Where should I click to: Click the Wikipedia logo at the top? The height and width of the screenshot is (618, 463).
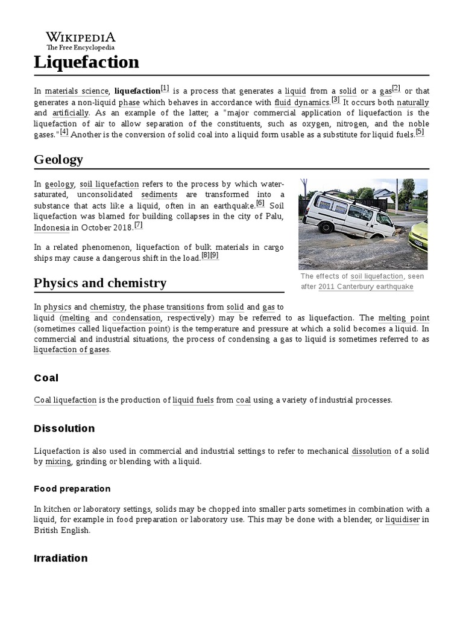tap(81, 40)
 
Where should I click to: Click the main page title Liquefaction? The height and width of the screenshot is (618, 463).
tap(86, 62)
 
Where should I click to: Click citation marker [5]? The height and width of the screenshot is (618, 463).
tap(420, 133)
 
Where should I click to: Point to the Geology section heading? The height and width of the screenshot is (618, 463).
tap(58, 159)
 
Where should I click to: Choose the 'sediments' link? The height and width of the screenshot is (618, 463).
tap(159, 195)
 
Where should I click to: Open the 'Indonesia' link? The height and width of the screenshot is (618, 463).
tap(52, 228)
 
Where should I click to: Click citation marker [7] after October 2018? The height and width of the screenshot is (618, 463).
tap(138, 226)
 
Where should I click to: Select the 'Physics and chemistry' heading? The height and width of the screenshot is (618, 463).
tap(100, 283)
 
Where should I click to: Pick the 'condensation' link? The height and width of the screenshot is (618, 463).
tap(136, 318)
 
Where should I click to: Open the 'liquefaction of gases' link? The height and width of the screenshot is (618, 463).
tap(72, 350)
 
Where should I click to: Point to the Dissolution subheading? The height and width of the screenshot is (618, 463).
tap(65, 428)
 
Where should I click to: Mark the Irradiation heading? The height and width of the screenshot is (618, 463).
tap(61, 558)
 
